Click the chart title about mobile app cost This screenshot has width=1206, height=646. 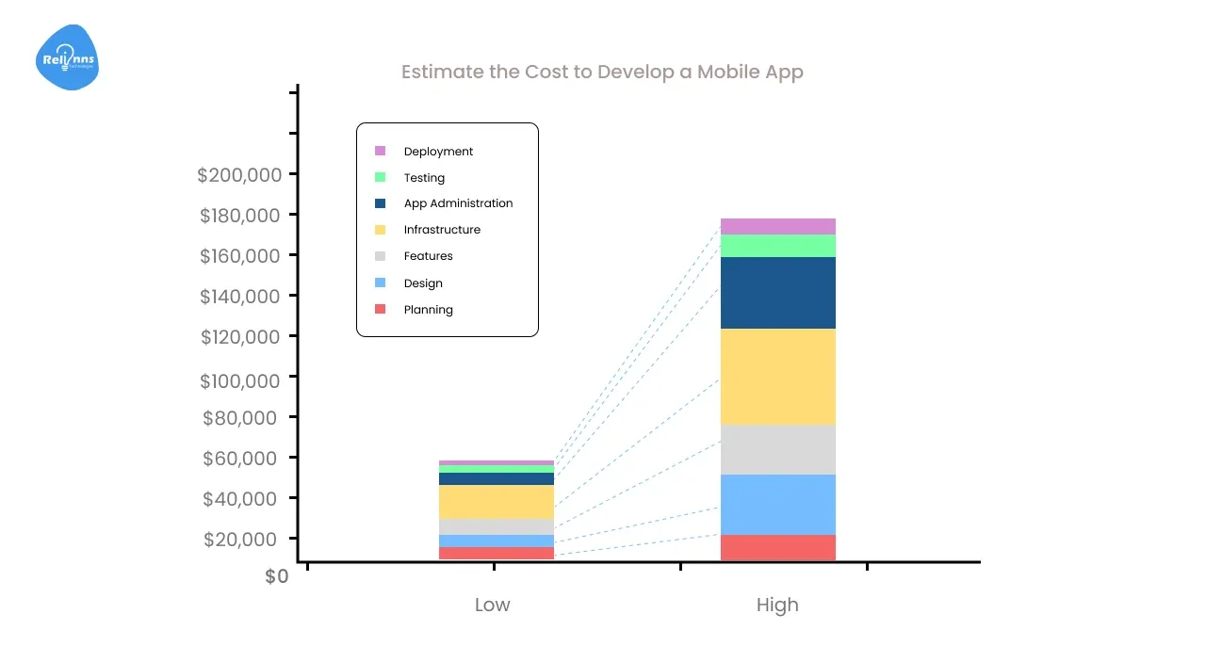602,73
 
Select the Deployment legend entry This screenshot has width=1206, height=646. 438,152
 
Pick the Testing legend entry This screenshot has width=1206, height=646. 424,178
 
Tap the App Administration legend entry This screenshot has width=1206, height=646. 458,203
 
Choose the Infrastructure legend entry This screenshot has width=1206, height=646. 442,230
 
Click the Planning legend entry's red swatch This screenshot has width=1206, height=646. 381,309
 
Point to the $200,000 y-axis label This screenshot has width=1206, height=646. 239,175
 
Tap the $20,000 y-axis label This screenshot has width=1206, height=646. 241,540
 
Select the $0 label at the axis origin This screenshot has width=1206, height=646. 277,576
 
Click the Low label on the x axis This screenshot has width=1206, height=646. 492,605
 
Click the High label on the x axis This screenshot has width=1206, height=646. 777,605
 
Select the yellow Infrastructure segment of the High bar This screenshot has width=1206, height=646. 778,377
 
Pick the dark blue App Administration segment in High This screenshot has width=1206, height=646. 778,293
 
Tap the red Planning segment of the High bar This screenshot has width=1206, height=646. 778,547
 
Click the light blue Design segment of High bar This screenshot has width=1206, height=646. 778,505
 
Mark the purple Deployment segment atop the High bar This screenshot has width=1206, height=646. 778,226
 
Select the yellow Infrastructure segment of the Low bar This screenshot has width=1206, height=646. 497,502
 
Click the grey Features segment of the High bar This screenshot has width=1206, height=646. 778,450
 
